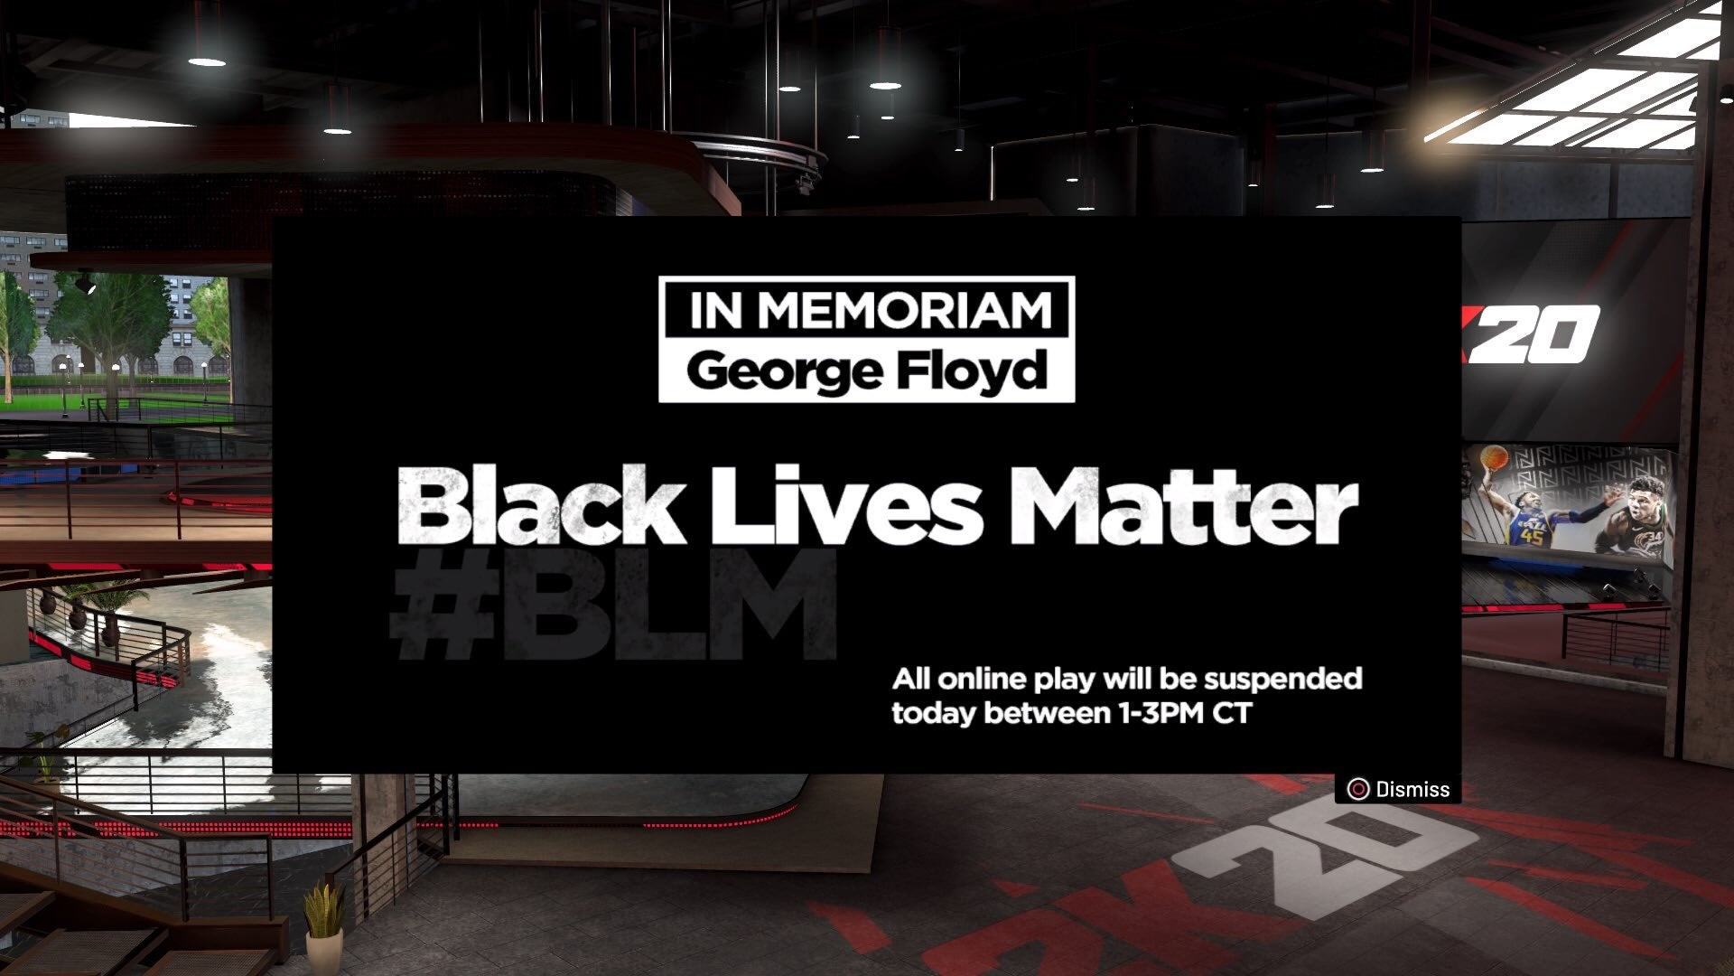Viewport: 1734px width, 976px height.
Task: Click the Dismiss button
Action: click(1398, 789)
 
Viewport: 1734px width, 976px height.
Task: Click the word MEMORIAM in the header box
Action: click(905, 310)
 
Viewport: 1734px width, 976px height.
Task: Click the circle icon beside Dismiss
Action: click(1357, 789)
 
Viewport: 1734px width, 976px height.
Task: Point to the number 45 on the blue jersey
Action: click(1532, 537)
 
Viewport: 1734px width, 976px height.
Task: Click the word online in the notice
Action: click(981, 678)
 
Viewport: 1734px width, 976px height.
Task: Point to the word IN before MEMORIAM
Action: click(716, 310)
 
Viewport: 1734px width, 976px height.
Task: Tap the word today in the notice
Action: click(934, 714)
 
